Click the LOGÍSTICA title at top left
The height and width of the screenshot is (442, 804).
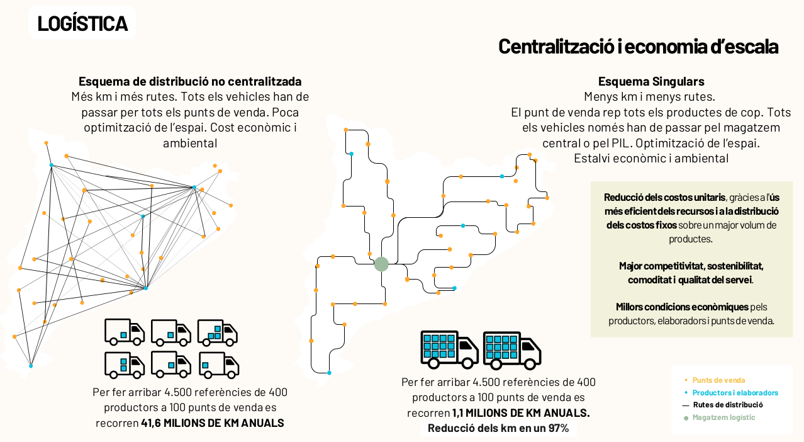82,23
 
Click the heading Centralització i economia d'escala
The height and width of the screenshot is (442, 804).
638,47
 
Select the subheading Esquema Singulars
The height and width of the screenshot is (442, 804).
651,81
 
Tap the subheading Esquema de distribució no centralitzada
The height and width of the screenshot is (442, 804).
190,81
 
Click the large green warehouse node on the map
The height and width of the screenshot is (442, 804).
381,264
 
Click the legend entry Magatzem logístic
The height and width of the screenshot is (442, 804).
723,417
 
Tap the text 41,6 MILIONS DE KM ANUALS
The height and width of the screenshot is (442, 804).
212,423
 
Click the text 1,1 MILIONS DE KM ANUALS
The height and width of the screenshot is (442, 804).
521,413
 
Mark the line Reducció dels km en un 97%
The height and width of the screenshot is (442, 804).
498,428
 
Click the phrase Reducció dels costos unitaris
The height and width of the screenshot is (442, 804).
664,197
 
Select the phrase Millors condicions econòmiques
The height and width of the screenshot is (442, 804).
682,307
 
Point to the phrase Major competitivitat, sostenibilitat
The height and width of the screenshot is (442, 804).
691,266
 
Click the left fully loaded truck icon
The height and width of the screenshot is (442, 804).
449,349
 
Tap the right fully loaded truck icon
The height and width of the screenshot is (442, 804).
511,350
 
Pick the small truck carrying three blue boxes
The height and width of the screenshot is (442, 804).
217,332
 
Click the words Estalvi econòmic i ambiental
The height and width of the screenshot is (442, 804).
651,158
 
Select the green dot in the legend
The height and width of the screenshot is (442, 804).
686,418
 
